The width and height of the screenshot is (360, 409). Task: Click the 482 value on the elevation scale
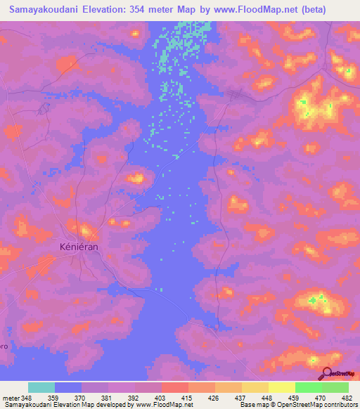coord(347,397)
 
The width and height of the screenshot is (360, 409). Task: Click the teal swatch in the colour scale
coord(41,387)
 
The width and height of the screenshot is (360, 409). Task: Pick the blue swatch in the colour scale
coord(68,387)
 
